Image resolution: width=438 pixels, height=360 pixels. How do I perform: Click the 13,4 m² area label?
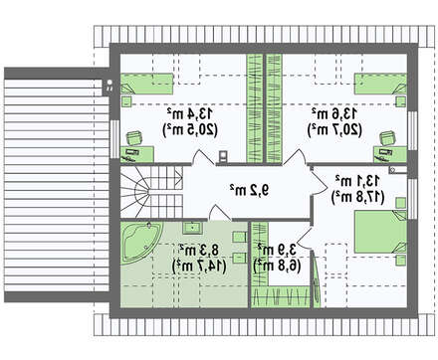click(190, 114)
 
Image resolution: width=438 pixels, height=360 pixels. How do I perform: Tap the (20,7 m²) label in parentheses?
click(334, 129)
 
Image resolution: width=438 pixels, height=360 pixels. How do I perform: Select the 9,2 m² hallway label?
click(250, 190)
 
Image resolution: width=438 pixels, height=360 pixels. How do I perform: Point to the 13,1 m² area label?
click(357, 181)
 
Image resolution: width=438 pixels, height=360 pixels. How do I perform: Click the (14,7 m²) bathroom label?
click(199, 266)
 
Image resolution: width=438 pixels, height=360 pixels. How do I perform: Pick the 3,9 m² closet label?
click(277, 250)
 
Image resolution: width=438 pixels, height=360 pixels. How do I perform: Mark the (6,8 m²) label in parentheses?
click(278, 266)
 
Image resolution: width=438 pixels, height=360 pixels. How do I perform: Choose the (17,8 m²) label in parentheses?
click(357, 197)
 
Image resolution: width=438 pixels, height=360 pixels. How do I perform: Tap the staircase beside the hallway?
click(151, 192)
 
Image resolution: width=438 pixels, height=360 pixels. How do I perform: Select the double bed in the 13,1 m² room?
click(381, 232)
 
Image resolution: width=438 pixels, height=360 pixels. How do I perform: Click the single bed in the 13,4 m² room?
click(146, 84)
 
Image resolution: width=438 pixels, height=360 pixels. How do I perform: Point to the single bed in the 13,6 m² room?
click(380, 84)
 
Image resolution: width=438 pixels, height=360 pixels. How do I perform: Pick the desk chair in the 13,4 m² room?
click(134, 138)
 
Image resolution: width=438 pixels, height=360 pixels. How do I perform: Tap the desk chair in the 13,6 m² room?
click(388, 138)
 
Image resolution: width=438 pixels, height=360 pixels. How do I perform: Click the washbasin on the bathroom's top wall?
click(192, 227)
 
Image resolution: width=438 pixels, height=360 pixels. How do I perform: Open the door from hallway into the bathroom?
click(218, 213)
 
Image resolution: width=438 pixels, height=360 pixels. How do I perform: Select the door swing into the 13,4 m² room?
click(202, 157)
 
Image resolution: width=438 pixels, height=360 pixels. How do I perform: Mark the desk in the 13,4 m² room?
click(137, 154)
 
